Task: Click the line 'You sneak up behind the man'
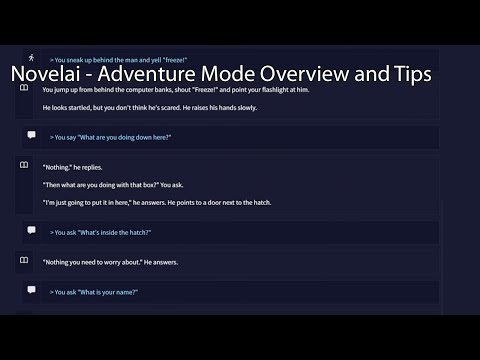pos(124,61)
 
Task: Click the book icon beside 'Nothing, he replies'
pos(23,165)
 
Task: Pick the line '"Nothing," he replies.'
pos(73,167)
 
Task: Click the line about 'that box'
pos(119,184)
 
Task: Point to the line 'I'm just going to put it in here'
pos(157,202)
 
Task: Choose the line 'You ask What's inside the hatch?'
pos(100,232)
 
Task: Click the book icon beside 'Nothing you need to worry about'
pos(23,260)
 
